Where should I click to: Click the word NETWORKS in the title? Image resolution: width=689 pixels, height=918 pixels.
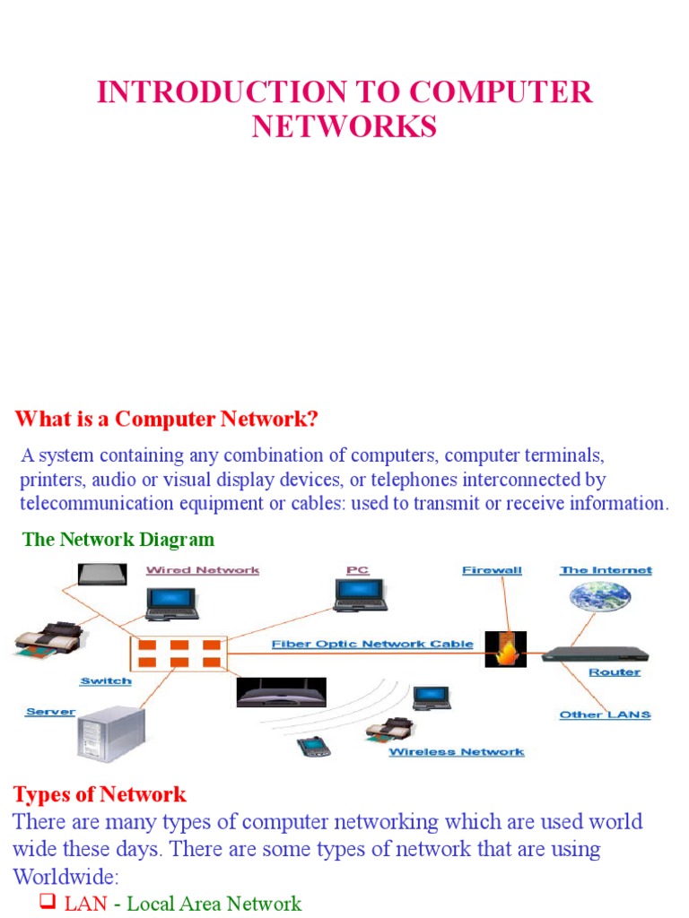coord(344,126)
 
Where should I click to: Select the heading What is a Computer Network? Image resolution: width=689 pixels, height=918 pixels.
coord(167,419)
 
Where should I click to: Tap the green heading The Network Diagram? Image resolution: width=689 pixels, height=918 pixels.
coord(118,539)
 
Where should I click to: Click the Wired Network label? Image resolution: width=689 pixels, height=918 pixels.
coord(203,570)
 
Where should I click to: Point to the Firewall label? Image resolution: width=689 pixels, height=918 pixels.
coord(492,570)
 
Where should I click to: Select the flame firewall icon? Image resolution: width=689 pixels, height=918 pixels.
coord(505,648)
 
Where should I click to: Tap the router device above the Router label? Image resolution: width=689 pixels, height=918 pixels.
coord(596,654)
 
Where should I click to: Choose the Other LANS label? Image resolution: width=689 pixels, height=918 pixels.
coord(605,714)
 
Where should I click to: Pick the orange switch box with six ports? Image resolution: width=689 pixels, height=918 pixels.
coord(179,654)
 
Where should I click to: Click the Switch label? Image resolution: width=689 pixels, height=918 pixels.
coord(106,681)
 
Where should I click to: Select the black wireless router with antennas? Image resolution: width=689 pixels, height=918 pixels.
coord(281,692)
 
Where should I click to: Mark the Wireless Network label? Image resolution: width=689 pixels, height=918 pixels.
coord(456,752)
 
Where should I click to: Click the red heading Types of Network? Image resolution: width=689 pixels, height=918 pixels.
coord(100,793)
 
